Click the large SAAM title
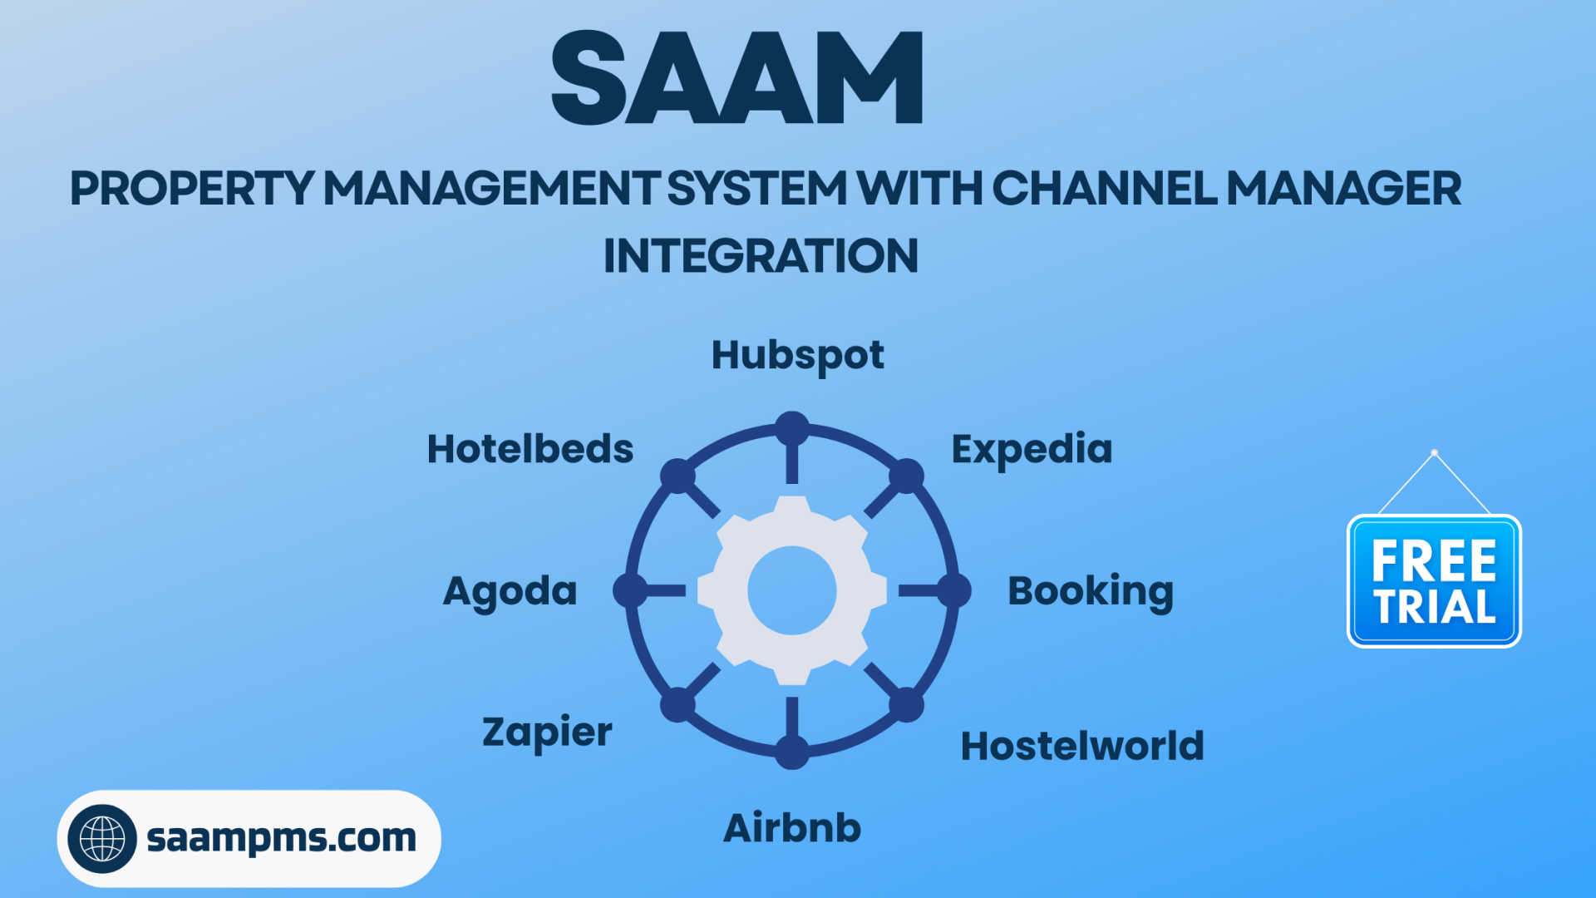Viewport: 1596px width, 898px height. pyautogui.click(x=736, y=79)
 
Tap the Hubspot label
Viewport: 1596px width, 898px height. pyautogui.click(x=797, y=356)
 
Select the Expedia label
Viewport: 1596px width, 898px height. pyautogui.click(x=1032, y=450)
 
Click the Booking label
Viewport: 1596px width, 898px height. pyautogui.click(x=1091, y=591)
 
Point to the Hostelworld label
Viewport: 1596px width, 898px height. pyautogui.click(x=1082, y=746)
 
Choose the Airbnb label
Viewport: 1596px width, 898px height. pyautogui.click(x=792, y=828)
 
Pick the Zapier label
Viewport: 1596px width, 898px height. pyautogui.click(x=547, y=733)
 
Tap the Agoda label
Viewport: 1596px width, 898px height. pyautogui.click(x=510, y=591)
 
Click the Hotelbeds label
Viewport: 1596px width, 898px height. pyautogui.click(x=530, y=449)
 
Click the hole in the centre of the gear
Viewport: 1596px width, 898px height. pyautogui.click(x=792, y=590)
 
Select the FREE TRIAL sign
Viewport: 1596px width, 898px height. pyautogui.click(x=1434, y=581)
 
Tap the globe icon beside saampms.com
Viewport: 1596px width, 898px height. pyautogui.click(x=102, y=838)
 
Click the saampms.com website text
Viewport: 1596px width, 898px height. pyautogui.click(x=281, y=838)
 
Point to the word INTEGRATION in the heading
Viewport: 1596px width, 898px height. pyautogui.click(x=761, y=256)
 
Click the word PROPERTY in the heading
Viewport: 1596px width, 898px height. pyautogui.click(x=192, y=189)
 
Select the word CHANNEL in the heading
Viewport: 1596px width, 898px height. pyautogui.click(x=1105, y=189)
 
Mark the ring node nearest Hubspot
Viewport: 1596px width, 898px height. pyautogui.click(x=792, y=428)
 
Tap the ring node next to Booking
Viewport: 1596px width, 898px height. pyautogui.click(x=954, y=590)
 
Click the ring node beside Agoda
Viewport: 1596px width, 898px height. pyautogui.click(x=630, y=590)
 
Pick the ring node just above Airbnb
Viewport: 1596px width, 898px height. pyautogui.click(x=792, y=752)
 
